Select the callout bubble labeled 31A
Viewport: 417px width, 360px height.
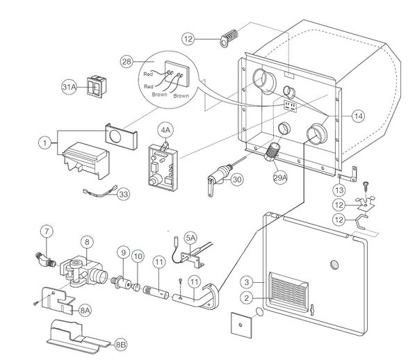[69, 88]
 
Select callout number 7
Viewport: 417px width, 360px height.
[46, 231]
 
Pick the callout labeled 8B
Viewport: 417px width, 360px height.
[121, 343]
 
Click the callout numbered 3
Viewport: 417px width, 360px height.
[246, 281]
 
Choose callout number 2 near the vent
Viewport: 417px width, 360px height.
[246, 297]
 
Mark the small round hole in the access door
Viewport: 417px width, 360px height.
[334, 265]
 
